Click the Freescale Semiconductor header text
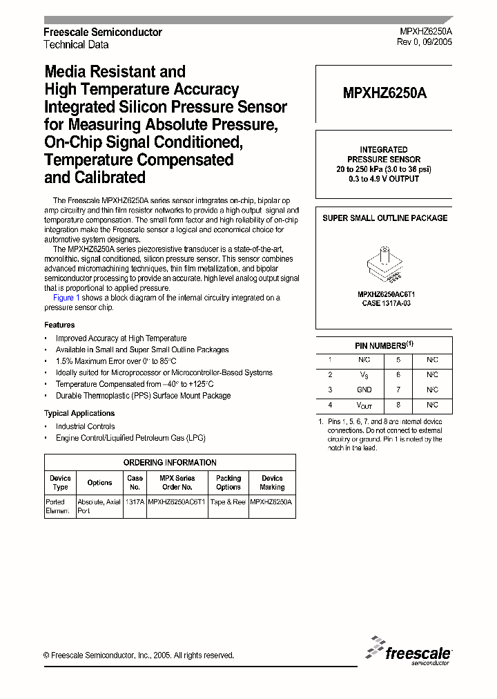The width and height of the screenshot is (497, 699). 102,32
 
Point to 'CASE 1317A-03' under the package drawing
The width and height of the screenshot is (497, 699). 384,303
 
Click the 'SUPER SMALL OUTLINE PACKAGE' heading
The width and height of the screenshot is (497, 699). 384,218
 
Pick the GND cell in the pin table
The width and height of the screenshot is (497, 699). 364,390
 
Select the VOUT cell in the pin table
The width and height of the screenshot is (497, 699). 364,405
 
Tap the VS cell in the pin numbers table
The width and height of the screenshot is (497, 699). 364,374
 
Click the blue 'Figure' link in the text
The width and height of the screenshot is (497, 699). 64,298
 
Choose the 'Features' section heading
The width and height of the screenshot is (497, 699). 59,325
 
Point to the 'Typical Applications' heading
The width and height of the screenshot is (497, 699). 79,413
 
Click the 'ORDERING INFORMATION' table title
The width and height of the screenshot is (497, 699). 170,462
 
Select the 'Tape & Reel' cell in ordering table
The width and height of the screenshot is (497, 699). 228,502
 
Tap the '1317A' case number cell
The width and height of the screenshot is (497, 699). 135,502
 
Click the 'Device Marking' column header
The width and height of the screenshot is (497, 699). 272,482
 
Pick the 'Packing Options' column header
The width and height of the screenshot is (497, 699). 228,482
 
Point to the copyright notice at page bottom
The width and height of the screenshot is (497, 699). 139,655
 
